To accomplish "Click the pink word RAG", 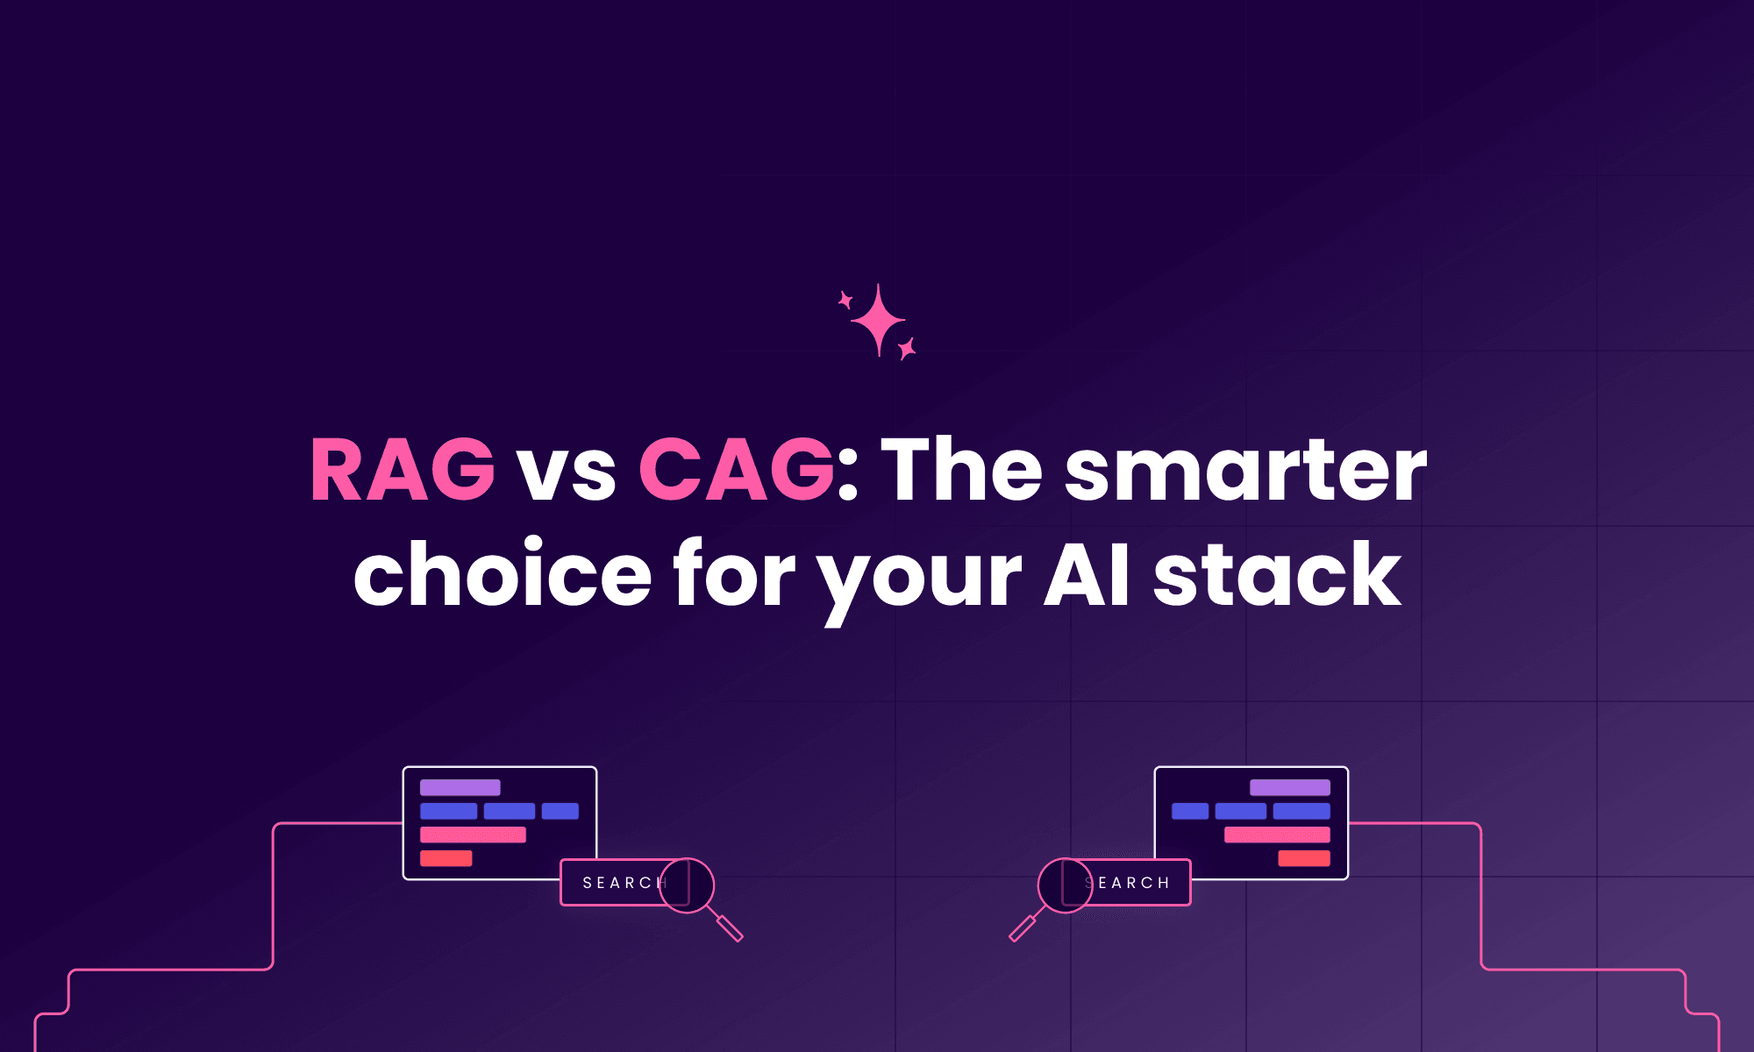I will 403,470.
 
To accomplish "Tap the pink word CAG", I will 736,470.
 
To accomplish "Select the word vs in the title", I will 567,473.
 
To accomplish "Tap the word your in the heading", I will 920,579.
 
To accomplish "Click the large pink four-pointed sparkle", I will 878,321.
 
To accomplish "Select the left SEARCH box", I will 614,883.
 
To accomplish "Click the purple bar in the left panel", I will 460,787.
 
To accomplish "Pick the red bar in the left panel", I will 446,858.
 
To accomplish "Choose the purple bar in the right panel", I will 1290,787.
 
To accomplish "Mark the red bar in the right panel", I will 1304,858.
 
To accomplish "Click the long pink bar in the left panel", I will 473,835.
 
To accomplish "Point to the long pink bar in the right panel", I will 1277,835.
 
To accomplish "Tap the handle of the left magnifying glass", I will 729,927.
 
